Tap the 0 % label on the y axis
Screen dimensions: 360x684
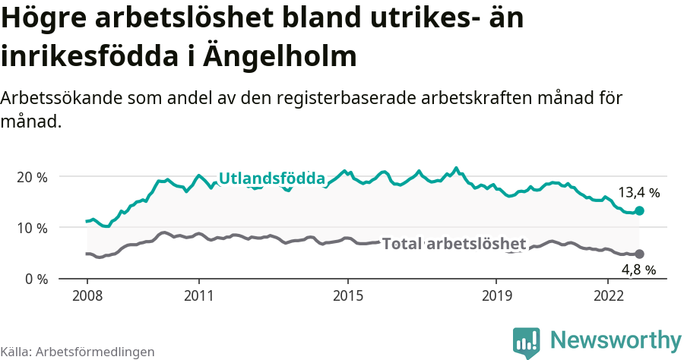pos(35,279)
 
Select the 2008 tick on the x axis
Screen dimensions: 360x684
pos(87,294)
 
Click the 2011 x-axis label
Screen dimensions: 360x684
pos(198,294)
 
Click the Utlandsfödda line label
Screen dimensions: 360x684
pos(271,178)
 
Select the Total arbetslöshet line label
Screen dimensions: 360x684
pos(454,244)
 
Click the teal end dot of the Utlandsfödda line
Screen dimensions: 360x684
pos(639,210)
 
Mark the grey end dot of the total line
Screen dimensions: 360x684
pos(639,254)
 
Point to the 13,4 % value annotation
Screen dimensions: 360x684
pos(638,193)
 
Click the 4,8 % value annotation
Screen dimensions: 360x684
pos(638,270)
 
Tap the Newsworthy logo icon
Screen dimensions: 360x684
pos(527,343)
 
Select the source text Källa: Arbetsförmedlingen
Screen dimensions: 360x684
pos(78,352)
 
